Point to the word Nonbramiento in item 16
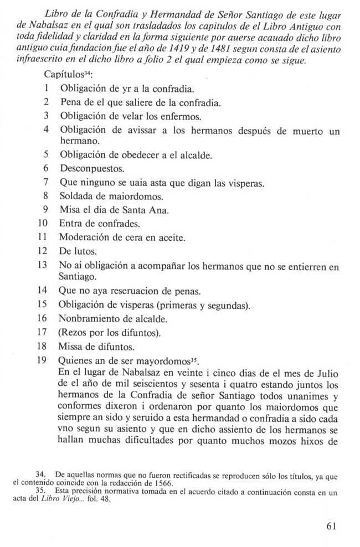click(x=86, y=319)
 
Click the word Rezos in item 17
click(x=74, y=333)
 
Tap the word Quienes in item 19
click(x=75, y=362)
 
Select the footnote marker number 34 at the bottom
click(x=40, y=474)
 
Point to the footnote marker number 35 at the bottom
click(x=40, y=489)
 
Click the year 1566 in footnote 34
click(x=132, y=482)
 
